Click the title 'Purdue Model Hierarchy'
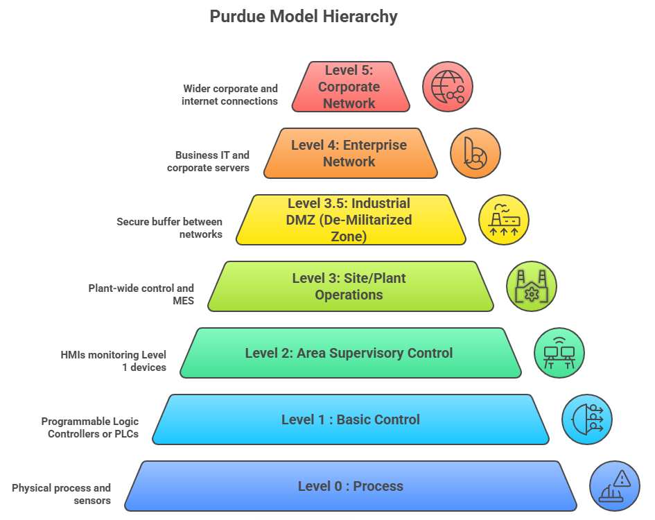tap(304, 17)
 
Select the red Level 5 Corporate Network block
tap(349, 87)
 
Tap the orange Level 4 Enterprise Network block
tap(349, 153)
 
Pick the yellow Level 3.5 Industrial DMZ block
tap(349, 220)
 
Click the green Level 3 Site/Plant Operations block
tap(349, 286)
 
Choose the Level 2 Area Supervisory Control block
tap(349, 353)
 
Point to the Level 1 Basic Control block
tap(351, 419)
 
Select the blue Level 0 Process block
tap(351, 486)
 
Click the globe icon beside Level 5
tap(448, 87)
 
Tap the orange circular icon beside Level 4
tap(475, 153)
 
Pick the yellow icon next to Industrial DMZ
tap(504, 220)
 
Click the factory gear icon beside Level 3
tap(532, 286)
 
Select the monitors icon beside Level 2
tap(559, 353)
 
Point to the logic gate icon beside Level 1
tap(587, 419)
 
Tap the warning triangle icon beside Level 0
tap(615, 486)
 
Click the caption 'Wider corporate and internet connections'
tap(230, 95)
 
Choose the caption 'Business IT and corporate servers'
tap(209, 162)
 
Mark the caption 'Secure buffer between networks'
tap(170, 228)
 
